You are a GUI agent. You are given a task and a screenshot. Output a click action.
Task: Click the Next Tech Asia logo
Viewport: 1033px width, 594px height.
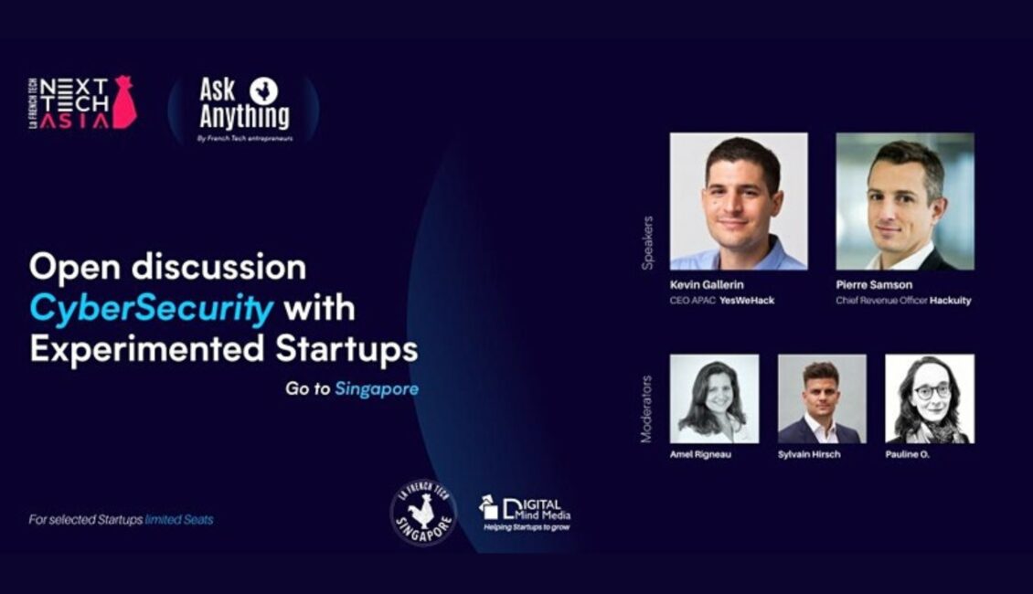coord(82,102)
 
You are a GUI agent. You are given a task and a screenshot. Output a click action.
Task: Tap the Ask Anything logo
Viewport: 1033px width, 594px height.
coord(244,110)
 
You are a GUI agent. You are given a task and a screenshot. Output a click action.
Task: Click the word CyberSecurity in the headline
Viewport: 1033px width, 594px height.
coord(151,308)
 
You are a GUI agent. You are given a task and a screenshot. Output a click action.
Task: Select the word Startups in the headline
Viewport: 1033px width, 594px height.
coord(346,348)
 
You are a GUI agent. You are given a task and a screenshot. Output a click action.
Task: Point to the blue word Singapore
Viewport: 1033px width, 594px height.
coord(377,388)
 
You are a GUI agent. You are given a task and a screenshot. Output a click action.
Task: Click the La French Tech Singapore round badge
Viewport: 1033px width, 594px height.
coord(423,513)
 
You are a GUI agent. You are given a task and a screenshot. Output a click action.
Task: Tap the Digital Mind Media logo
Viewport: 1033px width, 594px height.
coord(526,514)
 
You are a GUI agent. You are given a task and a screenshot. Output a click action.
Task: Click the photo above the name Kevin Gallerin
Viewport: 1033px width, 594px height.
coord(739,202)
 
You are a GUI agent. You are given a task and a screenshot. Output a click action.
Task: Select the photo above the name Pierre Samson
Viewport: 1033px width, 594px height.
coord(905,202)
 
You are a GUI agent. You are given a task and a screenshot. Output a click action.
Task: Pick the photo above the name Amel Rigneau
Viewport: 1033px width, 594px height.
coord(714,399)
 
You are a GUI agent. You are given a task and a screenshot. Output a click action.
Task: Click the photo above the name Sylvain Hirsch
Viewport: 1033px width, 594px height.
coord(822,399)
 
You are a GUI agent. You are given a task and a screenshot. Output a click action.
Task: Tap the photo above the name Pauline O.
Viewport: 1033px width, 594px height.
coord(930,399)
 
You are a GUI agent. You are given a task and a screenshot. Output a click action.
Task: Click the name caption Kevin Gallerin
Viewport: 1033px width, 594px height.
coord(707,285)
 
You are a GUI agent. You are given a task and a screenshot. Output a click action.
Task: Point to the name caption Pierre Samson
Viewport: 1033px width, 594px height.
coord(874,285)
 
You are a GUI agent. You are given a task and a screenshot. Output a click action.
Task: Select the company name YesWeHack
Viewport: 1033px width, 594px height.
coord(747,301)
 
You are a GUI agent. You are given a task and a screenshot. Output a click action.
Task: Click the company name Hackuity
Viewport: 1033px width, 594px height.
coord(950,301)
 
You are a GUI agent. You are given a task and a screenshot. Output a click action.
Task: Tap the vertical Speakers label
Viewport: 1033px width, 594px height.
coord(647,243)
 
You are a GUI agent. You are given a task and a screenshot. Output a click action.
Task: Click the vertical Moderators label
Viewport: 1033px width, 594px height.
coord(646,409)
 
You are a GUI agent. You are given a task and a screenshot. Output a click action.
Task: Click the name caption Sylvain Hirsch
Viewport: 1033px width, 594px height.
coord(809,454)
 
